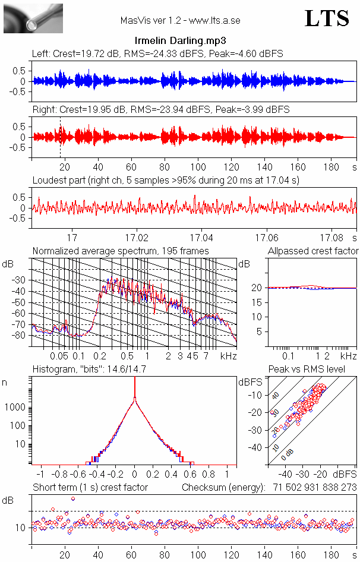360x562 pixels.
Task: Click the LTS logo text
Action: tap(327, 18)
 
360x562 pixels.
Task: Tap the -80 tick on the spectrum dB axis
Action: tap(20, 336)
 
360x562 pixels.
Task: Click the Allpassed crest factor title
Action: tap(312, 251)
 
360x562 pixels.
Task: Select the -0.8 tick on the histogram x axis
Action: tap(60, 475)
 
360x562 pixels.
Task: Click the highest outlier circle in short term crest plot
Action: tap(72, 498)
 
